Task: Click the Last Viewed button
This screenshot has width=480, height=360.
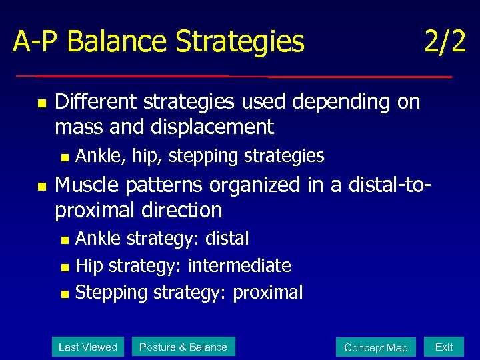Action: pos(88,347)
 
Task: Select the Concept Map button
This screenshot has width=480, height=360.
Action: pos(375,347)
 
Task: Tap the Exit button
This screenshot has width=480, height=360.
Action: pos(444,347)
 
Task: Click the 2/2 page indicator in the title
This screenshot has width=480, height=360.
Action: pos(445,42)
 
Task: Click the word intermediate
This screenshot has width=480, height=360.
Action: pos(239,265)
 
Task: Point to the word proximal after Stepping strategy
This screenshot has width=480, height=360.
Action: pos(267,292)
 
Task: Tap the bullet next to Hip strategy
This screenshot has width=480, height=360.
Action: pos(64,267)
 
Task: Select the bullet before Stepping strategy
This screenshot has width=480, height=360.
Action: pos(64,293)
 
